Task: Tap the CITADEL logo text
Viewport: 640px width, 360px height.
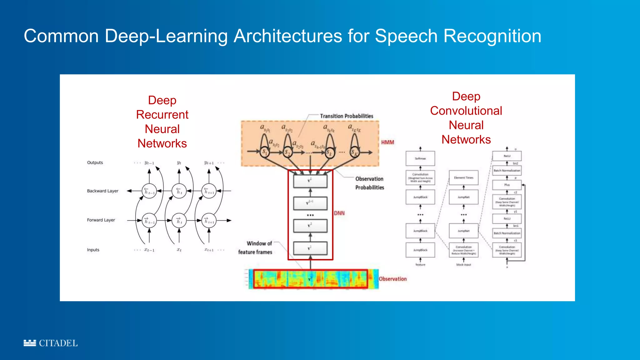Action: click(x=58, y=343)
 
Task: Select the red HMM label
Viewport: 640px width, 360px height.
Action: click(x=387, y=142)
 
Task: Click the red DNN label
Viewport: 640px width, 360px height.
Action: click(x=339, y=213)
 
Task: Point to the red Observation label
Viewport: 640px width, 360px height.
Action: click(x=393, y=279)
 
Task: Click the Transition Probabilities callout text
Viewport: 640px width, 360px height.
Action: click(x=346, y=116)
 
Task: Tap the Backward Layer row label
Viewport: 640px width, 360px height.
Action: click(x=102, y=191)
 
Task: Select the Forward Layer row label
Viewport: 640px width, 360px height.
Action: click(x=101, y=220)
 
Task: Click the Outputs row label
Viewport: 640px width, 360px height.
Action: click(x=95, y=162)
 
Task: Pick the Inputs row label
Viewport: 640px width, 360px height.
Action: click(x=93, y=250)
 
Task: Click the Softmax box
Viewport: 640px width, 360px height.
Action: click(x=420, y=158)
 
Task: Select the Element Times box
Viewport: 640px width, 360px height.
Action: click(x=463, y=177)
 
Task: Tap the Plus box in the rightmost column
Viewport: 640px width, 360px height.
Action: click(x=507, y=185)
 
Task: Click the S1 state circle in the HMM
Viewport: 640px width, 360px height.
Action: click(x=265, y=152)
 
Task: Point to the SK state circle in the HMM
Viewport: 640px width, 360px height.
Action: click(x=354, y=152)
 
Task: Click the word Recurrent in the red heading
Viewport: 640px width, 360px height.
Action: click(x=162, y=115)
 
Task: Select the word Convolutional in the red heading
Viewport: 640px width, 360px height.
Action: click(x=466, y=111)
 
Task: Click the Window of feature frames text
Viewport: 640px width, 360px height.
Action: click(x=255, y=247)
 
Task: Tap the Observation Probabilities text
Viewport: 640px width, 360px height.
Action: click(x=369, y=183)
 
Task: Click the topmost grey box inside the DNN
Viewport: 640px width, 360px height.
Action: click(x=310, y=181)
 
